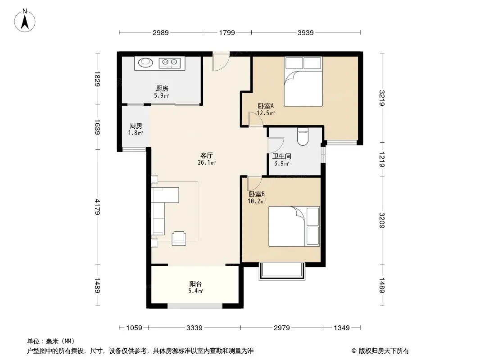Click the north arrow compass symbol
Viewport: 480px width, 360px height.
click(25, 21)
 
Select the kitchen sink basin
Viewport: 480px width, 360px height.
click(145, 63)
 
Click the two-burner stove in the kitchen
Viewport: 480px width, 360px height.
click(170, 63)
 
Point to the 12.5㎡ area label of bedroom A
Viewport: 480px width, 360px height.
click(266, 113)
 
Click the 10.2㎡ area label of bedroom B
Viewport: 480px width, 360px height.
click(257, 201)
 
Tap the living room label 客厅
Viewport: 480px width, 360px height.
click(207, 155)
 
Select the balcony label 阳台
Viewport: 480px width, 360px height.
click(195, 284)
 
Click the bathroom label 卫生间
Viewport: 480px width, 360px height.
click(281, 156)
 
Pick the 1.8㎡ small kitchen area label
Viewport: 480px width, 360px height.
click(135, 133)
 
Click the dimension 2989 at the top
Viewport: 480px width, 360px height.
click(161, 32)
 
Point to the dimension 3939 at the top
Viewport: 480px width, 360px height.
click(305, 32)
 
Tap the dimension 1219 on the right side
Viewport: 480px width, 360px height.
click(382, 159)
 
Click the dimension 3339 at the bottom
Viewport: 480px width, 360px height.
click(195, 328)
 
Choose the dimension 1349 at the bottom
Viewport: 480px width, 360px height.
click(342, 328)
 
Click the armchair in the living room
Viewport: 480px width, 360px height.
click(179, 238)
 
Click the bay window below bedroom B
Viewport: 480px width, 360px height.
click(282, 271)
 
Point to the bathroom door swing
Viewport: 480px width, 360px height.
click(276, 145)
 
